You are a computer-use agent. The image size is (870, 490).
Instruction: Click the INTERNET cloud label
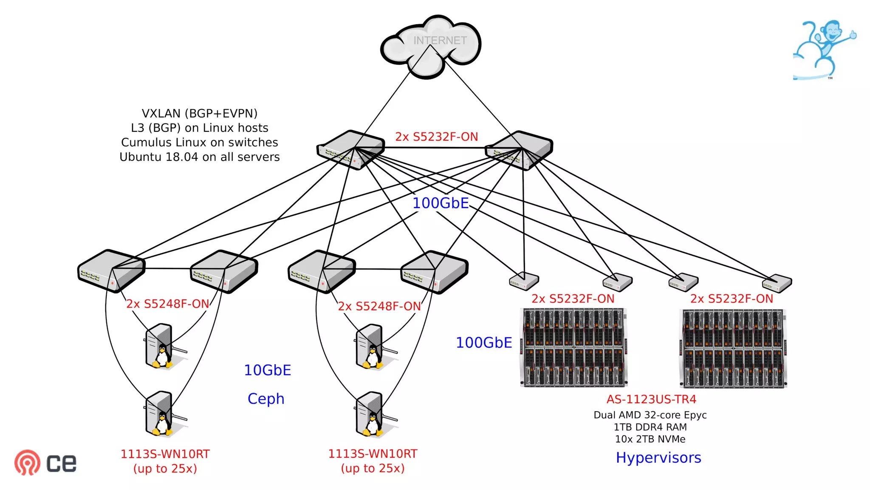[440, 40]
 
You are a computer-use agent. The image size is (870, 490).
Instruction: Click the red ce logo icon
[27, 462]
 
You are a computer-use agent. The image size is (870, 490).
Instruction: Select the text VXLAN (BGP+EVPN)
[199, 114]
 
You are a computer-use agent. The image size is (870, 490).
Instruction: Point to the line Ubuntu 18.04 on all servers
[199, 157]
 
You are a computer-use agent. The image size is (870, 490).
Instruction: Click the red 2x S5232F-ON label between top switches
[436, 137]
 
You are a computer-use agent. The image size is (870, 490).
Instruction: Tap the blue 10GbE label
[267, 370]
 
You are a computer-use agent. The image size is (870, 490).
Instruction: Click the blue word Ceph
[266, 399]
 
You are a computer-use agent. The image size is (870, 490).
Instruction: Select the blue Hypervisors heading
[658, 458]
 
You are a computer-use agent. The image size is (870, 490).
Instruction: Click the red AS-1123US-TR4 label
[651, 399]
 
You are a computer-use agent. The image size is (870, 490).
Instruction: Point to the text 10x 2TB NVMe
[650, 439]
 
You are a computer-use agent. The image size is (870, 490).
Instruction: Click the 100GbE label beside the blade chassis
[484, 343]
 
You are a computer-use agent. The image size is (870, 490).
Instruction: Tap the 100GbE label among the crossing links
[441, 203]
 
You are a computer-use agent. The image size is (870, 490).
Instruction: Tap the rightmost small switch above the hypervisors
[777, 283]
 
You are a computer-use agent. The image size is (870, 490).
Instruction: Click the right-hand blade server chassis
[733, 348]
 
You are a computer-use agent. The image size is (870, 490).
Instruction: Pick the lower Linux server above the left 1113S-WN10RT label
[160, 414]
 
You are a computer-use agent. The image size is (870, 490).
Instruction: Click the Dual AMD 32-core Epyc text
[650, 415]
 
